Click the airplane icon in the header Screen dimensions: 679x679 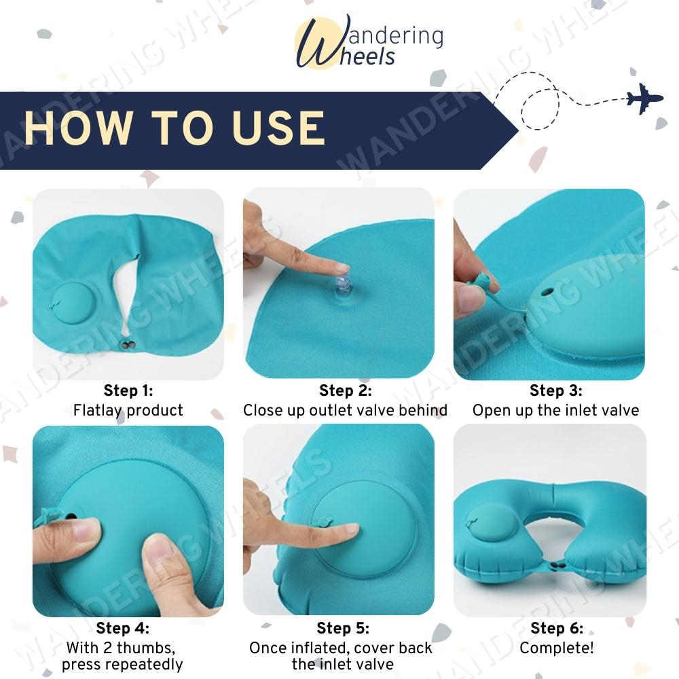pyautogui.click(x=645, y=98)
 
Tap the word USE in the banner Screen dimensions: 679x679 pyautogui.click(x=279, y=128)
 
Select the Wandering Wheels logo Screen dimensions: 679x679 pyautogui.click(x=369, y=42)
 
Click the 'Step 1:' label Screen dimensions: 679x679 pyautogui.click(x=128, y=390)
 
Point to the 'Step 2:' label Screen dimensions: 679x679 pyautogui.click(x=345, y=390)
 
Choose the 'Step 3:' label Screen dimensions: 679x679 pyautogui.click(x=556, y=390)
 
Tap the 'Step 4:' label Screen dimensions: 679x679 pyautogui.click(x=122, y=628)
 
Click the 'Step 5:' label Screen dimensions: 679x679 pyautogui.click(x=343, y=628)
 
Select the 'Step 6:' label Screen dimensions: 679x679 pyautogui.click(x=557, y=628)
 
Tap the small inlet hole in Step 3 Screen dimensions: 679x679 pyautogui.click(x=547, y=292)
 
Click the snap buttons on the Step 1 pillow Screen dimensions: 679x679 pyautogui.click(x=128, y=345)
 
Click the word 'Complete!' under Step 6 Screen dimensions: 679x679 pyautogui.click(x=557, y=648)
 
